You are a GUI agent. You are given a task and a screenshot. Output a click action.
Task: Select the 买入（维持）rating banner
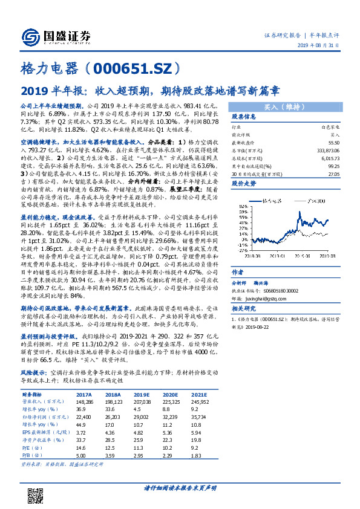click(x=283, y=106)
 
